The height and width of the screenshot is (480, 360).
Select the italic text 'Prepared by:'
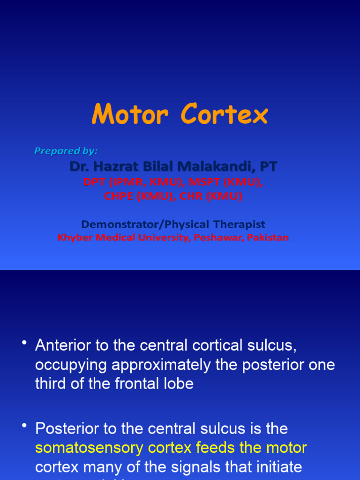(66, 150)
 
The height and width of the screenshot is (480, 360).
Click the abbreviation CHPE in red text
(119, 196)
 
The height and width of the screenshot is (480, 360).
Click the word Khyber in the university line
(75, 238)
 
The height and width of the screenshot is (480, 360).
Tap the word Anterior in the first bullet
(66, 346)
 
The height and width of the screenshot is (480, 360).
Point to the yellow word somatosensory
(90, 448)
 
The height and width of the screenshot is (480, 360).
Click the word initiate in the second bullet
(271, 467)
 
